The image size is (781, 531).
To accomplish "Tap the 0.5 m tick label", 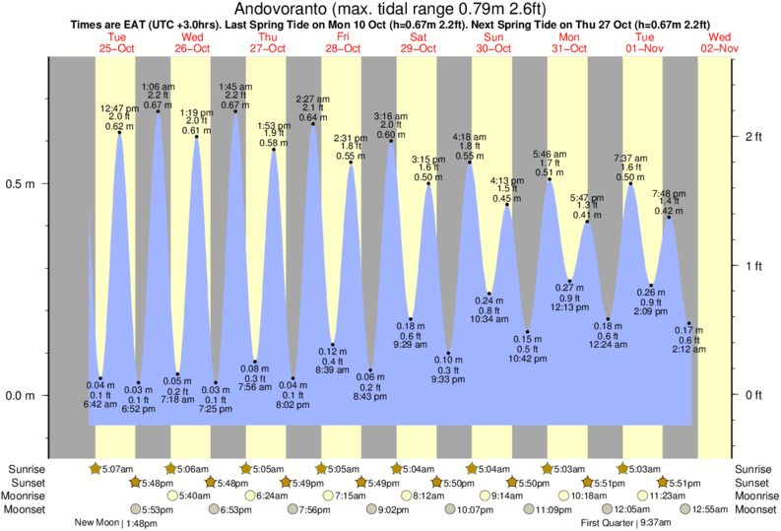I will (x=21, y=184).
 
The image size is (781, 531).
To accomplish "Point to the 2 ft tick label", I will (x=754, y=136).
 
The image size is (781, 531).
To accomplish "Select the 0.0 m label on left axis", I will (x=21, y=396).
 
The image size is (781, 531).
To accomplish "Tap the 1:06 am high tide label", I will (x=158, y=87).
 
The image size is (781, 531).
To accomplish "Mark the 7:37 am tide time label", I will (x=630, y=159).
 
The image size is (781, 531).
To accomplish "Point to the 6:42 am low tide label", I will (x=101, y=404).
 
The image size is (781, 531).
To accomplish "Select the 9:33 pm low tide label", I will (x=448, y=379).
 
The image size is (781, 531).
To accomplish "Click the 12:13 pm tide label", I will (x=570, y=307).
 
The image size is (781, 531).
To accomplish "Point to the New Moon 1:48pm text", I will (x=116, y=523).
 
